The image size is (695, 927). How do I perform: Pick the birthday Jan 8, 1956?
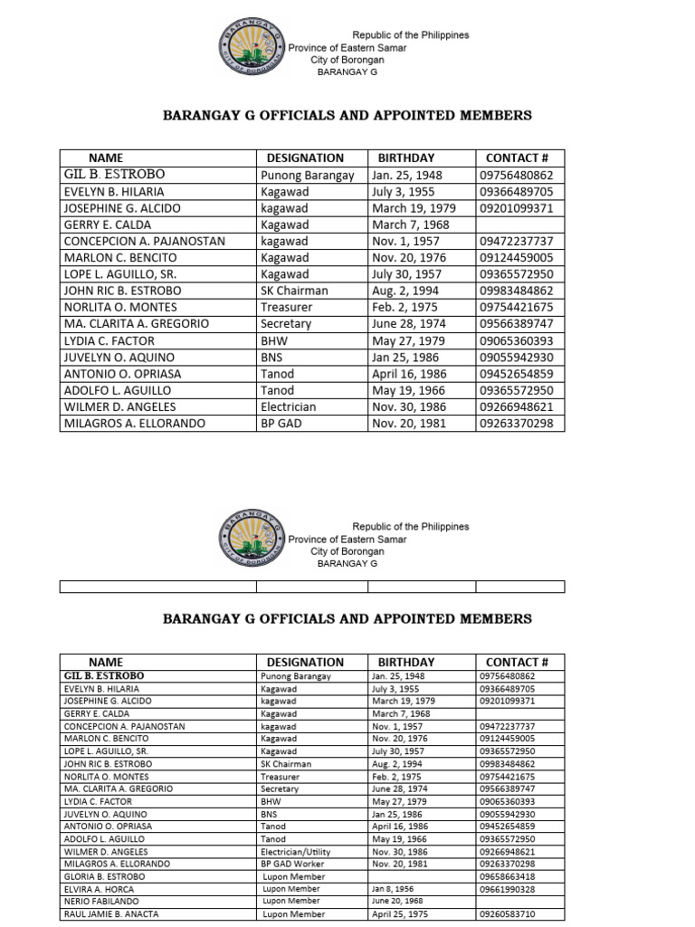[394, 889]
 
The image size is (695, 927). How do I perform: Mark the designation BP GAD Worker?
[293, 864]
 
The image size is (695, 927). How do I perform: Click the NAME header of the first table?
[105, 158]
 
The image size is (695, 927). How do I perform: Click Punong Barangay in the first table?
[307, 175]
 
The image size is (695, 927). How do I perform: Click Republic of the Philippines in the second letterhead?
[410, 526]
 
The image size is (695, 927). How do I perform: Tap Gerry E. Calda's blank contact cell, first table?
[519, 225]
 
